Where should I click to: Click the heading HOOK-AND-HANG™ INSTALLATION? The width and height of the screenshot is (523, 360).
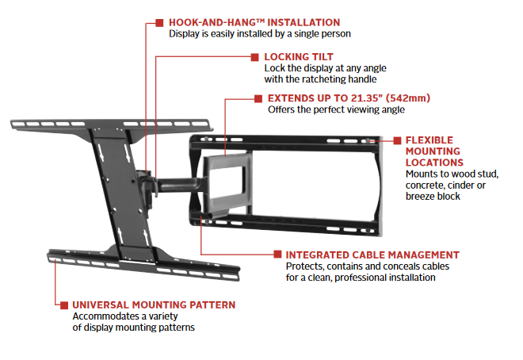click(x=254, y=22)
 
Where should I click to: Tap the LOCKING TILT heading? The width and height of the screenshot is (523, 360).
click(x=298, y=57)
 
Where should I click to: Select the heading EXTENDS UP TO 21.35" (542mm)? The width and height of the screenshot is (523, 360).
click(x=348, y=98)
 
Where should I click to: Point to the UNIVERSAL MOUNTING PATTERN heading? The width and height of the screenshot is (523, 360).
click(x=154, y=304)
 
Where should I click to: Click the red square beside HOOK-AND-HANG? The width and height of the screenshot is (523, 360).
click(x=159, y=22)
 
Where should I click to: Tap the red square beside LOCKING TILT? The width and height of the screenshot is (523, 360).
click(x=255, y=57)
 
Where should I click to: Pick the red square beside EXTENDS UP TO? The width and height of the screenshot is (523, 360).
click(x=259, y=98)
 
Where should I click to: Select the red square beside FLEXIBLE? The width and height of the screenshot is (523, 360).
click(x=397, y=140)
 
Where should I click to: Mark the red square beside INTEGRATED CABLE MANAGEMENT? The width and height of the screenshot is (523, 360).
click(x=278, y=255)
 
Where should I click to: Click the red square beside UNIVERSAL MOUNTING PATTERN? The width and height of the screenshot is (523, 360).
click(x=63, y=304)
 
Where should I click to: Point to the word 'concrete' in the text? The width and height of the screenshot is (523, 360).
click(x=429, y=185)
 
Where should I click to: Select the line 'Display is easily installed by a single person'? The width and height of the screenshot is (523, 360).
click(x=260, y=34)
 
